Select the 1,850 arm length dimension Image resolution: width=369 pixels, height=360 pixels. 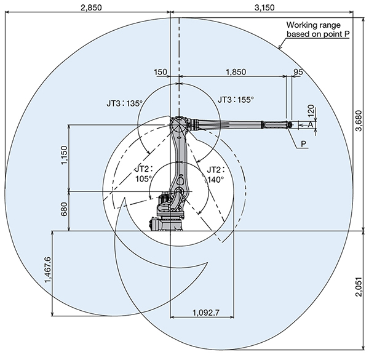pyautogui.click(x=233, y=71)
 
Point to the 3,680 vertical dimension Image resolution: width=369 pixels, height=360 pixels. pyautogui.click(x=360, y=119)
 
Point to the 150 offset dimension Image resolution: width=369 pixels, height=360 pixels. pyautogui.click(x=161, y=71)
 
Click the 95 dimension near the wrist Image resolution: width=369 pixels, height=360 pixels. pyautogui.click(x=298, y=71)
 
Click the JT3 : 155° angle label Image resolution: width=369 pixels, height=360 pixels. pyautogui.click(x=236, y=98)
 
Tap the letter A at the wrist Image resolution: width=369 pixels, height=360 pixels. pyautogui.click(x=311, y=125)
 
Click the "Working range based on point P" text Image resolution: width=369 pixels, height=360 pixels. pyautogui.click(x=317, y=30)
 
